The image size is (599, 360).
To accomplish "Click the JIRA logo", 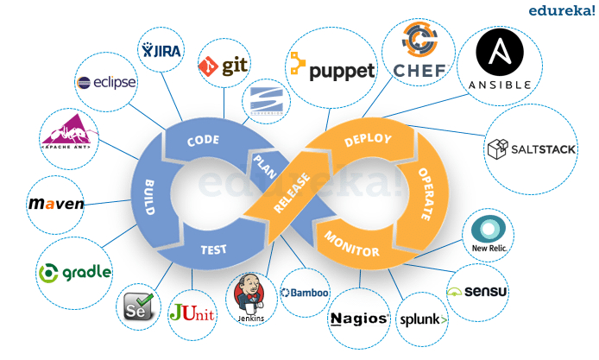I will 161,51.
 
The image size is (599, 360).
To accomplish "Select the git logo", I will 223,65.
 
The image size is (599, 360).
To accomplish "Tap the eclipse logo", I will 105,83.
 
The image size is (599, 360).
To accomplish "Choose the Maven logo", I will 56,205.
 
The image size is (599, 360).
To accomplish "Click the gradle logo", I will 75,272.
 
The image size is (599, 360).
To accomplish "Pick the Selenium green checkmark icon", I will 140,305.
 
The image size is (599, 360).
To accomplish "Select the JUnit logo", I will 192,312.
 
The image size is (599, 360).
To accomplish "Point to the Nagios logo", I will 358,319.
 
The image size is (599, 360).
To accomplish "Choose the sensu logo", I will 478,290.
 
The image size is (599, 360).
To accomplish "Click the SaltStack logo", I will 531,149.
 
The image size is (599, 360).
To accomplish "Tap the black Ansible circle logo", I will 500,60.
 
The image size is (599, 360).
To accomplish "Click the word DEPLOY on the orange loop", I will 368,140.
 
